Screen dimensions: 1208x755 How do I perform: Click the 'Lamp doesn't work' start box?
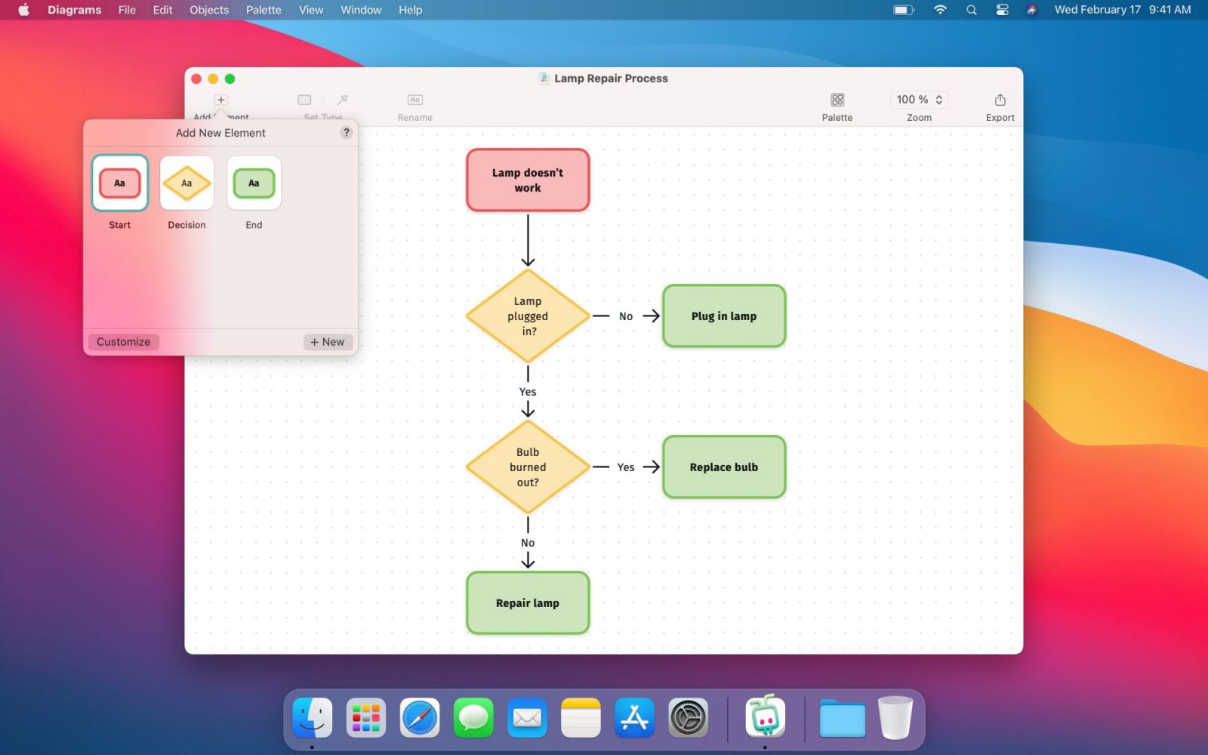(x=528, y=180)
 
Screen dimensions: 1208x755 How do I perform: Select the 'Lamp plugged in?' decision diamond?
(x=528, y=316)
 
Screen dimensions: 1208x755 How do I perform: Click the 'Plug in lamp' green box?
(x=724, y=316)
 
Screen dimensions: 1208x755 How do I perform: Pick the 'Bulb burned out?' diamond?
(x=528, y=467)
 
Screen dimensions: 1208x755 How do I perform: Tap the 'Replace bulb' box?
(x=724, y=467)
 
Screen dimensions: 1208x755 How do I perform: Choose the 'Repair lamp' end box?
(x=528, y=603)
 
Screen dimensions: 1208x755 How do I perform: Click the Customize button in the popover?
(x=124, y=342)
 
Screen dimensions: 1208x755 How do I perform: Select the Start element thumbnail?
(x=120, y=183)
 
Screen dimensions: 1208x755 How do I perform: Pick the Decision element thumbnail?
(x=186, y=183)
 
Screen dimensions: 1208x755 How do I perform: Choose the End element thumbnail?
(x=254, y=183)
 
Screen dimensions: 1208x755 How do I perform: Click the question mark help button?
(x=347, y=133)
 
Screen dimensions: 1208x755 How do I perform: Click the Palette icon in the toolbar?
(x=837, y=100)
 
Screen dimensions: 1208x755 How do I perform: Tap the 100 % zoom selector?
(x=919, y=100)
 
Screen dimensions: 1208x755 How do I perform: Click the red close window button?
(x=196, y=79)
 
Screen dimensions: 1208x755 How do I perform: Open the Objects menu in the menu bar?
(x=208, y=10)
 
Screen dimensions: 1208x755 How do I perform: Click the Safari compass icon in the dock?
(x=419, y=718)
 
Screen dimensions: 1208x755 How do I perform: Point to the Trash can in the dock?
(x=895, y=718)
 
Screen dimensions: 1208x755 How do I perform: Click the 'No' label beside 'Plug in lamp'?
(x=626, y=316)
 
